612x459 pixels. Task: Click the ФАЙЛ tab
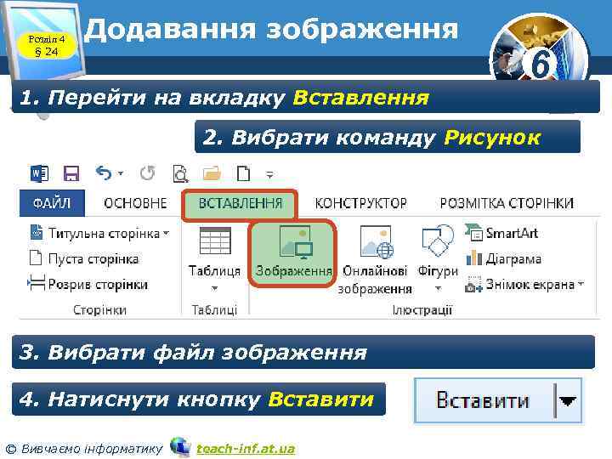click(52, 204)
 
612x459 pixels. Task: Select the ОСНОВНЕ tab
click(135, 204)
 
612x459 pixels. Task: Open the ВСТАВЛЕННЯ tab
click(240, 204)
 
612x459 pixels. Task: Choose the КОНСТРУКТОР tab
click(360, 204)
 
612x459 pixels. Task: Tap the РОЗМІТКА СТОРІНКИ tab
click(506, 204)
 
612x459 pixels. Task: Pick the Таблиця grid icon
click(214, 242)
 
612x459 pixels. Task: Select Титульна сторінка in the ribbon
click(100, 233)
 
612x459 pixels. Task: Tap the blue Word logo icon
click(39, 173)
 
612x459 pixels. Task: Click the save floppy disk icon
click(71, 173)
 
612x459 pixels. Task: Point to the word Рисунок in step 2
click(491, 137)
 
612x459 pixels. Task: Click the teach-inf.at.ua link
click(245, 448)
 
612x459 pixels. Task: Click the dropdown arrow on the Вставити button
click(567, 399)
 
